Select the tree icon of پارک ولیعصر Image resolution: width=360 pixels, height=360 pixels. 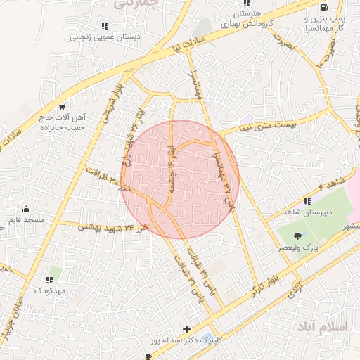[301, 236]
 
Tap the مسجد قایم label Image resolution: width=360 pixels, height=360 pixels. [27, 220]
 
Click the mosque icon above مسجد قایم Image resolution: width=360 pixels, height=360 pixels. [27, 209]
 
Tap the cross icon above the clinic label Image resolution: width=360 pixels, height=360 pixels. [186, 329]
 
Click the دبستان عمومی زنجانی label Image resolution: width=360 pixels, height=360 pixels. [104, 37]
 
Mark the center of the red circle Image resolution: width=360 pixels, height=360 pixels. [180, 179]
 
